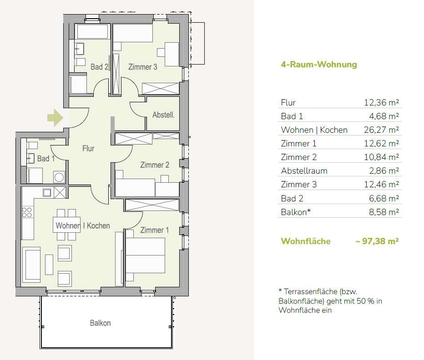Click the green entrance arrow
56,118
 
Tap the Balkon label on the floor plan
101,323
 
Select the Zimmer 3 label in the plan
142,67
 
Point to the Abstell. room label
163,115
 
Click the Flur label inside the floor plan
88,148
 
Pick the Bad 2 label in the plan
99,67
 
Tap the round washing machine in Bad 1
59,177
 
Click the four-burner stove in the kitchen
27,212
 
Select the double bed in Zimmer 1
145,255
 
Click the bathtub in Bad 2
92,32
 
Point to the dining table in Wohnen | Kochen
66,225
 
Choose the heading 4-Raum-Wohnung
319,65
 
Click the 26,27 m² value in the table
381,130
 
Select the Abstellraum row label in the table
304,171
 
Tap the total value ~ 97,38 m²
377,241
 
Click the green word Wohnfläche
306,241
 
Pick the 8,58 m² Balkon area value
384,212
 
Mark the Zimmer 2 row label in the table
298,157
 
